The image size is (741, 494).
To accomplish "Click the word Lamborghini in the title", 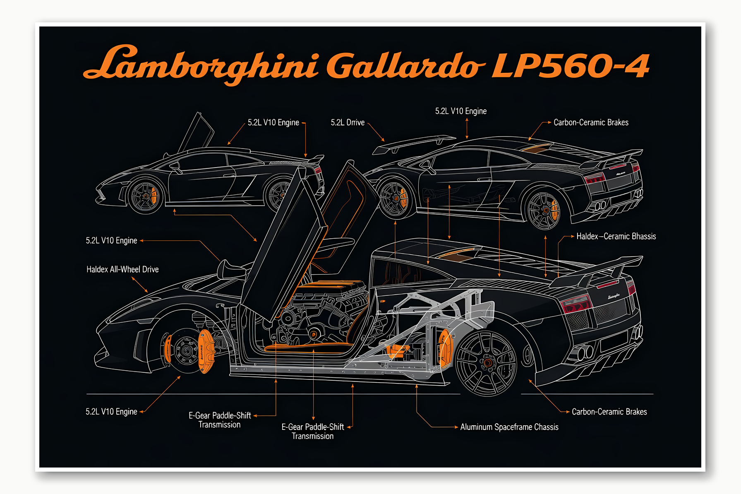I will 201,64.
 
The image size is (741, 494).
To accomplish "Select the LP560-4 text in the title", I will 570,65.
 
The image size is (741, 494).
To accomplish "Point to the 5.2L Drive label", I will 348,122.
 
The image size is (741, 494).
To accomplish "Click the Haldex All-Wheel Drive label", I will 122,269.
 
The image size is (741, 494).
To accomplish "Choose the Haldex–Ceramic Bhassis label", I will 616,236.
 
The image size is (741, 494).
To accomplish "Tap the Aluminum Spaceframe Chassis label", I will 509,427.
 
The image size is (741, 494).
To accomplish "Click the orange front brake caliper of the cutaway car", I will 206,350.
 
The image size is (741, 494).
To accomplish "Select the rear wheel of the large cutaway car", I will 486,362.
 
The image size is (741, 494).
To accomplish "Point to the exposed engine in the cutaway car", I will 327,310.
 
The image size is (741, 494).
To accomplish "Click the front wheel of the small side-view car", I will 145,196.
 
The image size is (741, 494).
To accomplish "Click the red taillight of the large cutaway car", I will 575,304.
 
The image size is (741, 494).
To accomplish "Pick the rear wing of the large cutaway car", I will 600,269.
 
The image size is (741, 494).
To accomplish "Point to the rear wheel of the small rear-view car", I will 543,211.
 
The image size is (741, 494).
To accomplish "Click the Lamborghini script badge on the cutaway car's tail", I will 613,296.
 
